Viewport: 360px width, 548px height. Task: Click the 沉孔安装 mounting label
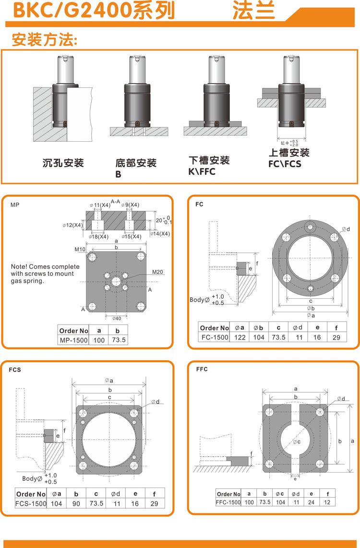click(63, 163)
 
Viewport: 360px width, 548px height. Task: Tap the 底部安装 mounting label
click(136, 163)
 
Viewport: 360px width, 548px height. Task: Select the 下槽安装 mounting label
click(209, 160)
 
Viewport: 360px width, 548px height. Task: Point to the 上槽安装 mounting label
click(289, 153)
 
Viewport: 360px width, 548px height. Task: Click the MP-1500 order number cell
click(73, 340)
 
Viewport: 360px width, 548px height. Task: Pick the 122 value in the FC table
click(240, 337)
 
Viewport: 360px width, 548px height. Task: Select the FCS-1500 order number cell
click(31, 503)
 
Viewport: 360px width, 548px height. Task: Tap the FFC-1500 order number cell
click(228, 502)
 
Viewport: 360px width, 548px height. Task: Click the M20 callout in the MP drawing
click(158, 272)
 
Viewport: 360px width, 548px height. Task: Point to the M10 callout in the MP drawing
click(80, 249)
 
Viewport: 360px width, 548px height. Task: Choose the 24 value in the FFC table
click(312, 502)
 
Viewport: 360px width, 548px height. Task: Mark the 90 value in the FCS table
click(76, 503)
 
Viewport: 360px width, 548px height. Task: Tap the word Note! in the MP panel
click(20, 267)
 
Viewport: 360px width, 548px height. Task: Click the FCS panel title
click(15, 370)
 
